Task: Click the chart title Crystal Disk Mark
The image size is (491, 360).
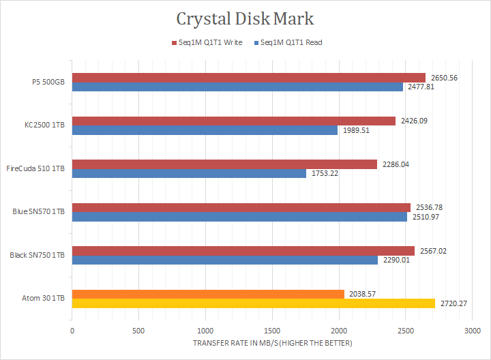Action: coord(245,18)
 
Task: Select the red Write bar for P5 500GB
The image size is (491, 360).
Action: coord(248,78)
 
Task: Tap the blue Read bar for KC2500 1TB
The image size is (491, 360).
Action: coord(205,130)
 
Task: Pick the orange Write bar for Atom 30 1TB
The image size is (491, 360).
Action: coord(208,295)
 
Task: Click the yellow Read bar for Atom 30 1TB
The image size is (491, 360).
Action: coord(253,303)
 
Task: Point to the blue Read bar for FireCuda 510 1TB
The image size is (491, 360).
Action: coord(189,173)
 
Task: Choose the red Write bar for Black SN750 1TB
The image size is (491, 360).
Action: coord(243,251)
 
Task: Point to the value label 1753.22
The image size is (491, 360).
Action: coord(325,173)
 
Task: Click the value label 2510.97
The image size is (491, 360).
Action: coord(426,217)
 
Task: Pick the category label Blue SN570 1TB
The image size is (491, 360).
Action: coord(39,212)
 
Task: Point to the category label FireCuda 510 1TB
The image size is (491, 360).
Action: coord(35,168)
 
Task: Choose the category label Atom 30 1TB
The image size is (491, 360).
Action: coord(44,299)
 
